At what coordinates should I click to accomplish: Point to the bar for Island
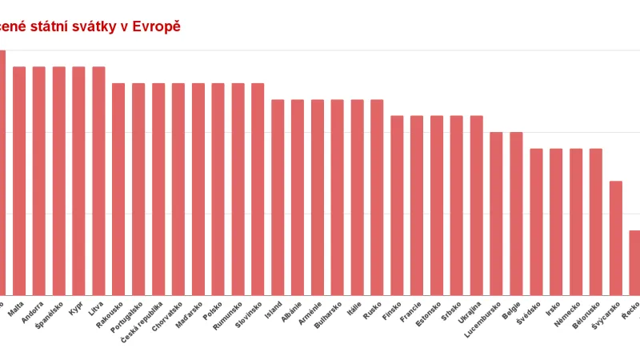click(x=278, y=198)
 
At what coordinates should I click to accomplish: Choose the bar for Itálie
click(x=357, y=198)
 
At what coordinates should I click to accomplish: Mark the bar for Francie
click(x=417, y=206)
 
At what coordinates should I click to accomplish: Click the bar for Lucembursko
click(x=496, y=214)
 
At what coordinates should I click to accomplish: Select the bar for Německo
click(x=576, y=222)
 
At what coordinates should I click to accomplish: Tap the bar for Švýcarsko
click(x=615, y=238)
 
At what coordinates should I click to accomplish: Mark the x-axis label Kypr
click(x=76, y=308)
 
